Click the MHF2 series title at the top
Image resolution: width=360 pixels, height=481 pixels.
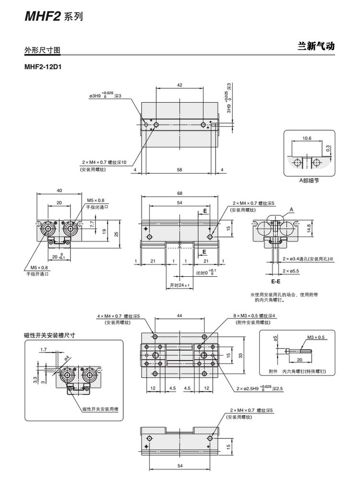click(x=53, y=17)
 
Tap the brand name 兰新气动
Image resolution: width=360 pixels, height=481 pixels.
click(x=316, y=47)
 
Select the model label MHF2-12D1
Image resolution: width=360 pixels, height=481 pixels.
click(x=42, y=67)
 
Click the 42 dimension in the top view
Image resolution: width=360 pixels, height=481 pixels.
click(x=180, y=85)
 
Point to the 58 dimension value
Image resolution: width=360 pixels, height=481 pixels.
click(x=180, y=170)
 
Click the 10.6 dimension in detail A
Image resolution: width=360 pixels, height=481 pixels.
click(x=307, y=139)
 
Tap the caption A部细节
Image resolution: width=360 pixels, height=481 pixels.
click(x=309, y=180)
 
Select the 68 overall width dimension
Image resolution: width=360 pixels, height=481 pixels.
click(x=180, y=193)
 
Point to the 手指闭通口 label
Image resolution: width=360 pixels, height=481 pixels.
click(x=97, y=207)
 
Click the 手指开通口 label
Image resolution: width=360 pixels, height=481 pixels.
click(x=37, y=273)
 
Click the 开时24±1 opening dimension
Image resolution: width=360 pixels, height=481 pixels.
click(x=180, y=285)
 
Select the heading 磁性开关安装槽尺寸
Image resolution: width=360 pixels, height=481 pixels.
click(x=50, y=335)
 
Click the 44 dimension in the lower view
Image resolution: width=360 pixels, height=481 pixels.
click(x=180, y=316)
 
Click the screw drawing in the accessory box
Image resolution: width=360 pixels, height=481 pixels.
click(x=298, y=352)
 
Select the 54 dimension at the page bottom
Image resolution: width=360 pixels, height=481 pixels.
click(x=180, y=465)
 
